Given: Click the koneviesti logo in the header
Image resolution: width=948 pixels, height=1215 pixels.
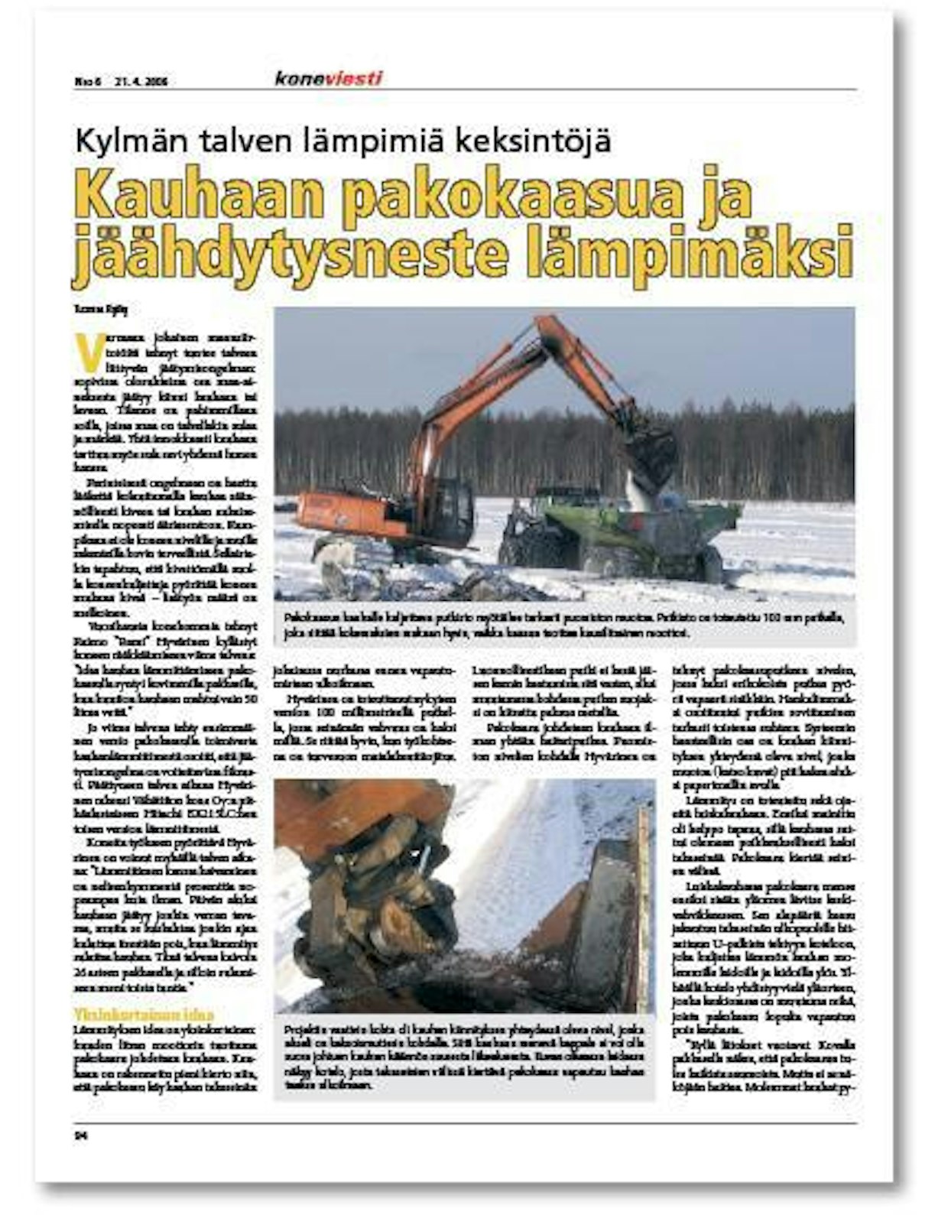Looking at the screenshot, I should click(328, 78).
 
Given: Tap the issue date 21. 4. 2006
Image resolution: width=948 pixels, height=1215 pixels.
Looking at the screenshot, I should click(141, 81).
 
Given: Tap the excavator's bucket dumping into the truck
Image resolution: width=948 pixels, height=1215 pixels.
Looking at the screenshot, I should click(650, 451).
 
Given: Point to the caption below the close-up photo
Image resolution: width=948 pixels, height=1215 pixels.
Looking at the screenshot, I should click(463, 1055).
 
